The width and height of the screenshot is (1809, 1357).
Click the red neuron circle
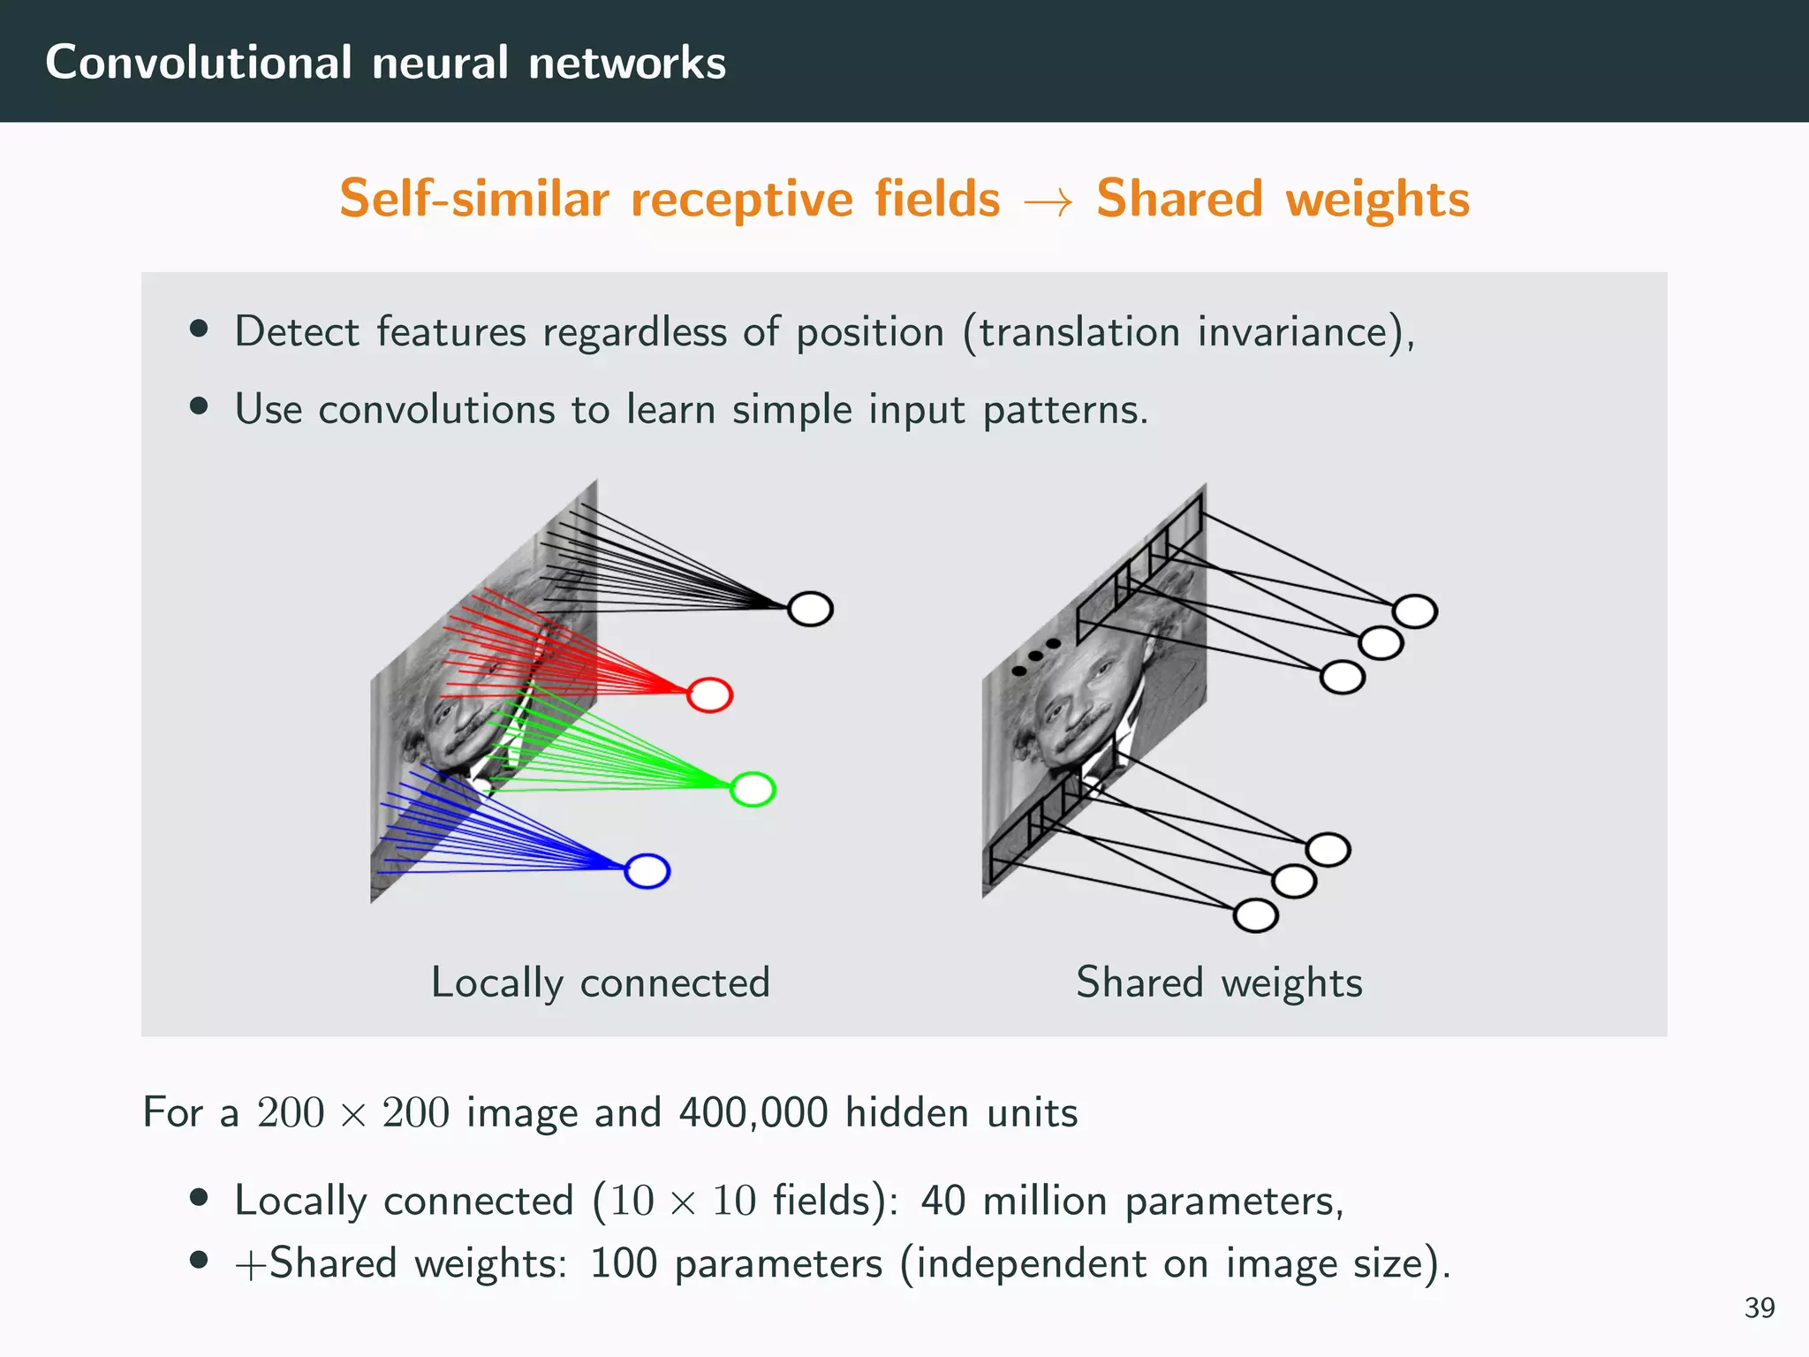click(710, 695)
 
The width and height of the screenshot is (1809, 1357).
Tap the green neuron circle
click(753, 789)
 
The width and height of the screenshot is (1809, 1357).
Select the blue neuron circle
click(647, 871)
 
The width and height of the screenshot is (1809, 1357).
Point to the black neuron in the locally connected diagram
click(810, 609)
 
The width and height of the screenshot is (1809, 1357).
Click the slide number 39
click(1759, 1308)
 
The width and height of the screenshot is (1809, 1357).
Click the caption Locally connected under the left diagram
click(601, 983)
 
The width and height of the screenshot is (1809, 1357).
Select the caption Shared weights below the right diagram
click(1219, 983)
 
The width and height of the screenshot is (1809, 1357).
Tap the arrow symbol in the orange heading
click(1048, 201)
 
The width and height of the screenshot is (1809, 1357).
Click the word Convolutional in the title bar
click(199, 63)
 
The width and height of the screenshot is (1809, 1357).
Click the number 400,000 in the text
click(753, 1112)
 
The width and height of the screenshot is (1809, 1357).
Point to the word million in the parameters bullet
click(1045, 1202)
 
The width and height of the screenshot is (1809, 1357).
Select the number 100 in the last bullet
click(624, 1263)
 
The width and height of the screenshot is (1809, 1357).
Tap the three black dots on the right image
click(1035, 656)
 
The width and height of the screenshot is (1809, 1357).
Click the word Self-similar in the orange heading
click(474, 198)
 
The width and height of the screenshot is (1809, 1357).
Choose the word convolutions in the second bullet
click(436, 410)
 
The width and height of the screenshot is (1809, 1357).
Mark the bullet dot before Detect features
click(199, 330)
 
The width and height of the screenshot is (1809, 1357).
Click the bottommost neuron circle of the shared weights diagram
click(1255, 915)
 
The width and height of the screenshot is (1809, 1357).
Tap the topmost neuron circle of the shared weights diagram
click(1414, 611)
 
